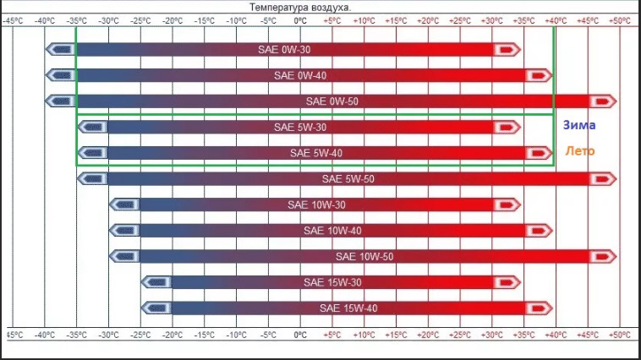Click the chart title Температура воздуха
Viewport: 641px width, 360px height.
[x=300, y=6]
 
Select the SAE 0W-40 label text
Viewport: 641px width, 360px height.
[x=300, y=76]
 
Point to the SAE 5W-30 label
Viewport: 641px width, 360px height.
[x=300, y=128]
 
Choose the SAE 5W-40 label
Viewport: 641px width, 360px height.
[x=316, y=154]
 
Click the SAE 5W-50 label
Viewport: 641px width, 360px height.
[x=348, y=179]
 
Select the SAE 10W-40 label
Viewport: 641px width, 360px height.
[x=331, y=231]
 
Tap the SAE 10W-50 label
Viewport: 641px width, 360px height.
[x=364, y=256]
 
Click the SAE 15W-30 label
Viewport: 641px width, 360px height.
[x=331, y=282]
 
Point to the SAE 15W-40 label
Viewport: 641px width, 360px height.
[x=348, y=308]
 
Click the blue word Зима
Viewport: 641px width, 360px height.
[x=579, y=125]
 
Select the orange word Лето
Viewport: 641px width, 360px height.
[x=579, y=153]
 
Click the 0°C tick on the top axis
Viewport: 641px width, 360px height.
[x=300, y=19]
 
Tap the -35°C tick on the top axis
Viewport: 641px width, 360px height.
[x=76, y=19]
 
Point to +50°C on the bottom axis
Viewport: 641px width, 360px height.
[x=620, y=335]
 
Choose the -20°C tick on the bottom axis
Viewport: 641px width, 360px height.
[x=172, y=335]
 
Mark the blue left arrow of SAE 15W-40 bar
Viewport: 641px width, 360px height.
[x=156, y=308]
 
